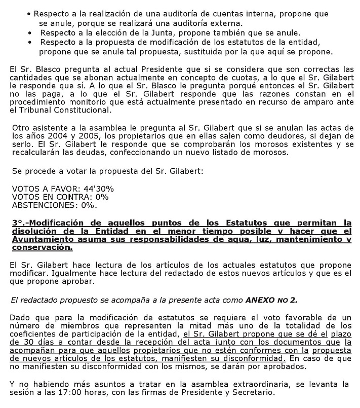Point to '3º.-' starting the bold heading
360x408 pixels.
20,222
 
